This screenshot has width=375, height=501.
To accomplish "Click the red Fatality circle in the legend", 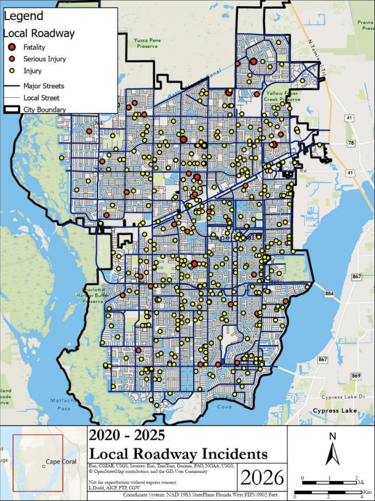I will point(11,47).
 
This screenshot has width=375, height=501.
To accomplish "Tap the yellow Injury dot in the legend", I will point(11,70).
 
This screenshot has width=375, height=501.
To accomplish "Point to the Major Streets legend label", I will point(44,86).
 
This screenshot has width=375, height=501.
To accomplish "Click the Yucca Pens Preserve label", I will point(149,43).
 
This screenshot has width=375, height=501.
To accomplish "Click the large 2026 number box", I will point(262,477).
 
